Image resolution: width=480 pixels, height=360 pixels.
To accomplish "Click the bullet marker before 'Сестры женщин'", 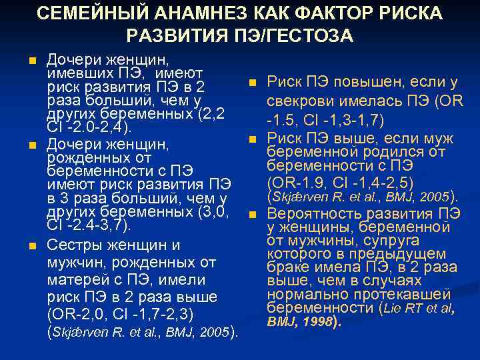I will (31, 246).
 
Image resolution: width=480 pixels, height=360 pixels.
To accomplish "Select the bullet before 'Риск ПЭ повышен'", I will (253, 83).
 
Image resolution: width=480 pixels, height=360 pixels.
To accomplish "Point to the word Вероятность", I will (310, 215).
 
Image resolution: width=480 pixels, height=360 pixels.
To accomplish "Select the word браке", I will (287, 267).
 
